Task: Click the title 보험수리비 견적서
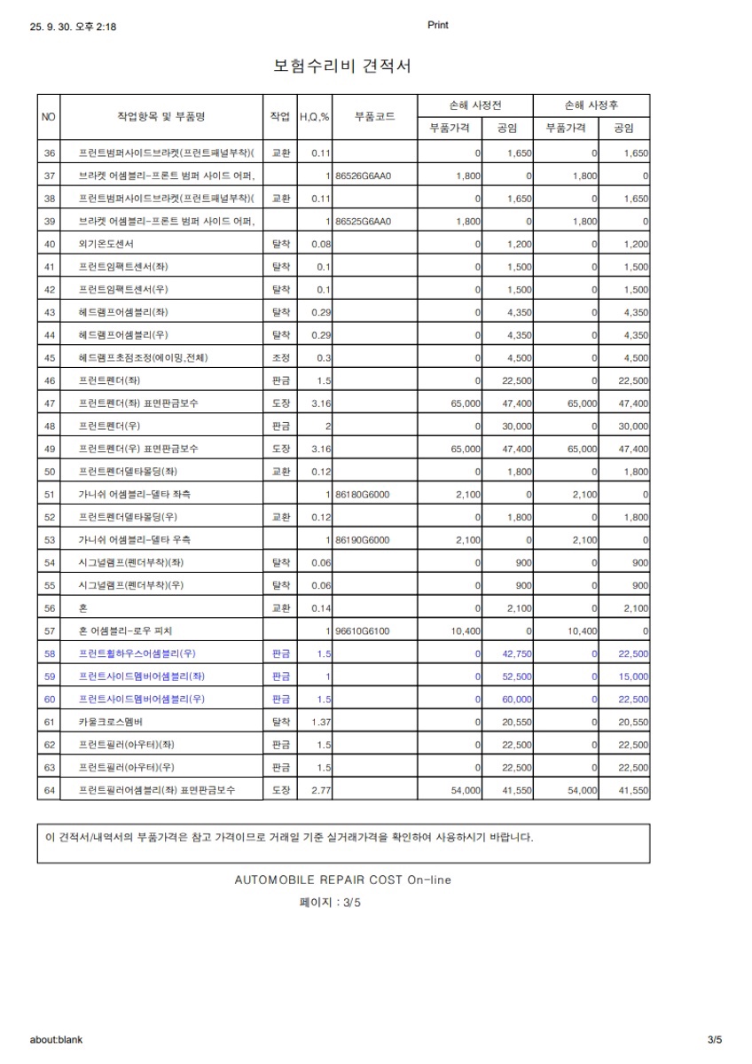click(342, 66)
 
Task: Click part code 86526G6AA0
click(364, 176)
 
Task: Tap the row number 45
click(49, 357)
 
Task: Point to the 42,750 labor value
click(516, 653)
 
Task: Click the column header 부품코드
click(374, 117)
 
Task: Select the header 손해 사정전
click(477, 106)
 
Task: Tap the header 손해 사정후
click(592, 106)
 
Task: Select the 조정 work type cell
click(280, 357)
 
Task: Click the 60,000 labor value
click(516, 699)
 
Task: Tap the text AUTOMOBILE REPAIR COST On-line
click(342, 880)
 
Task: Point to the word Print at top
click(438, 25)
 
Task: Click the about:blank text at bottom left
click(56, 1039)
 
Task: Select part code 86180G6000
click(363, 495)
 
